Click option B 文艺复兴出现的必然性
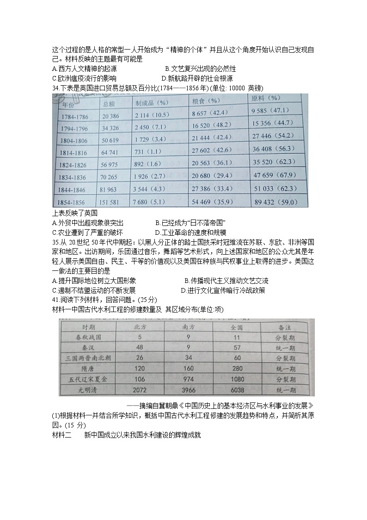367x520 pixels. [x=200, y=69]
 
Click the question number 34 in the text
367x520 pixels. [x=56, y=88]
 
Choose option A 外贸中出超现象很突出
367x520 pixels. [x=88, y=223]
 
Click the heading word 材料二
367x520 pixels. [x=62, y=435]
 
